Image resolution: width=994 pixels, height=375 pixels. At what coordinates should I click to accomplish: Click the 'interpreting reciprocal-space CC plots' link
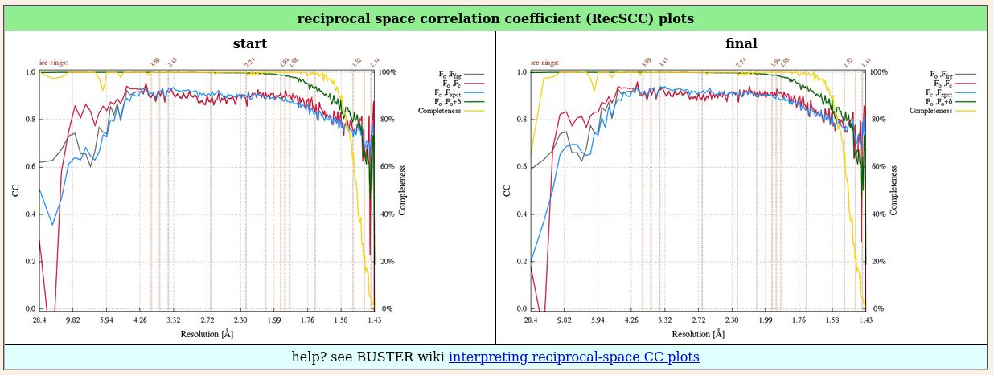573,357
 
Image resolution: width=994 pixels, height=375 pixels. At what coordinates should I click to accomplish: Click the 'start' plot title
249,43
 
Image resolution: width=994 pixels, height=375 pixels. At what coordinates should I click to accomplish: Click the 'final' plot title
741,43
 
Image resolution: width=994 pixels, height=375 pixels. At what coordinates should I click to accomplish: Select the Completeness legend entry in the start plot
439,111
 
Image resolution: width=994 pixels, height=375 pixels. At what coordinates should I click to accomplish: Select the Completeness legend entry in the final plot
930,111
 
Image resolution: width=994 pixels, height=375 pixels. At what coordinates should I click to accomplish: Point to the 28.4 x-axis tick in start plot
39,320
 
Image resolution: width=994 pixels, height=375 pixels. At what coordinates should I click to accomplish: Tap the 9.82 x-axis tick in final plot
564,320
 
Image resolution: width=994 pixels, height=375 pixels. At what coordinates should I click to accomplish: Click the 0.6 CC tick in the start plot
31,167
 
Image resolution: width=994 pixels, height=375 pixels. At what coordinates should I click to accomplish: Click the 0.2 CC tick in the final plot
522,262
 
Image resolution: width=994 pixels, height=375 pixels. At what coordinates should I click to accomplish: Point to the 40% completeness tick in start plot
386,214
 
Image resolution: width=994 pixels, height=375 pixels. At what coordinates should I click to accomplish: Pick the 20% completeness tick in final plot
877,262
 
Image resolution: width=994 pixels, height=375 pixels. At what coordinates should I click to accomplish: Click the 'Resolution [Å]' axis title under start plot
205,333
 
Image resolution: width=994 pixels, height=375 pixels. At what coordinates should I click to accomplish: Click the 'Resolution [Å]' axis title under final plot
696,333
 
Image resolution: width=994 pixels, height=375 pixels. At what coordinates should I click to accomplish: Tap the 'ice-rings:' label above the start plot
54,63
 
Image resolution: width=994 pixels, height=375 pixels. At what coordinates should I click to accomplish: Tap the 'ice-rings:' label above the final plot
545,63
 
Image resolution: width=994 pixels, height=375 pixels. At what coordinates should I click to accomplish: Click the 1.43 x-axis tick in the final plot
865,320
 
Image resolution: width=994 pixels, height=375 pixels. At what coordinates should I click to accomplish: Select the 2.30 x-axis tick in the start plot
240,320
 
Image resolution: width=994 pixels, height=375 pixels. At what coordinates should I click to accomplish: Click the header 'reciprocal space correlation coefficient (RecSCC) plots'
495,18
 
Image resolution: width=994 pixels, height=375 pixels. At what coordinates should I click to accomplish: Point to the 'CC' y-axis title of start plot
16,190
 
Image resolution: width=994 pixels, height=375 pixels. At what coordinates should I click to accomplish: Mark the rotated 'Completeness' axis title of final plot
894,190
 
